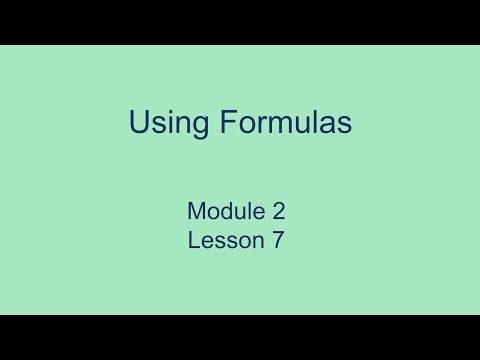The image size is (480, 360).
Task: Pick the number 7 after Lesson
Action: [x=279, y=240]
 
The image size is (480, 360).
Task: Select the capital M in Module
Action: [x=195, y=211]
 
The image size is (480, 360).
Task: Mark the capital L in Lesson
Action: [x=192, y=240]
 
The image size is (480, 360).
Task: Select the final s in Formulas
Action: [x=344, y=126]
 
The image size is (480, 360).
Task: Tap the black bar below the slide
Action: [x=240, y=337]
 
